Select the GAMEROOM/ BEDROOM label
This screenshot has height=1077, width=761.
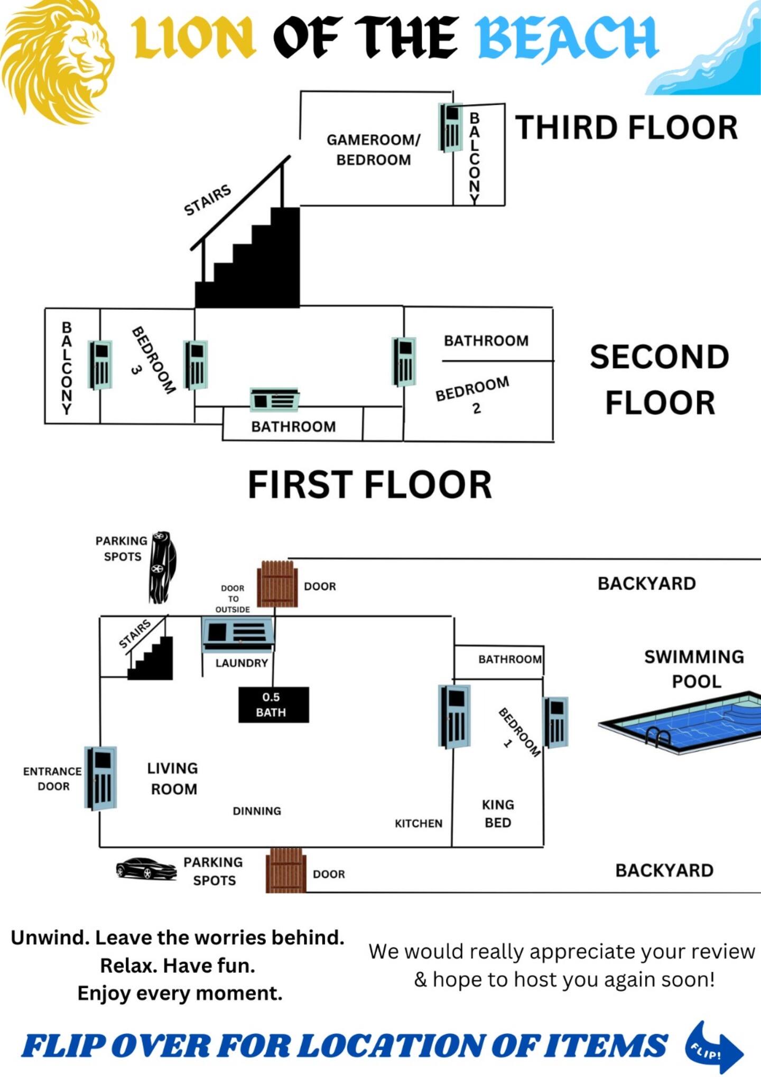pyautogui.click(x=374, y=150)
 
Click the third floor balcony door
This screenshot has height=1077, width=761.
pyautogui.click(x=451, y=127)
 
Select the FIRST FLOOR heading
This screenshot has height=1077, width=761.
pyautogui.click(x=370, y=485)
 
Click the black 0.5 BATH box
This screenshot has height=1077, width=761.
pyautogui.click(x=273, y=705)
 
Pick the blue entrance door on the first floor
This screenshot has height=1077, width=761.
pyautogui.click(x=101, y=778)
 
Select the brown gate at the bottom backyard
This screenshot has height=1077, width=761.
pyautogui.click(x=286, y=871)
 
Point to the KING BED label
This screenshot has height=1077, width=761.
pyautogui.click(x=498, y=814)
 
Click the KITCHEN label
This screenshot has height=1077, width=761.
pyautogui.click(x=419, y=823)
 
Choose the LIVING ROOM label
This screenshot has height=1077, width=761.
pyautogui.click(x=173, y=778)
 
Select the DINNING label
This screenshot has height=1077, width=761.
pyautogui.click(x=257, y=811)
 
